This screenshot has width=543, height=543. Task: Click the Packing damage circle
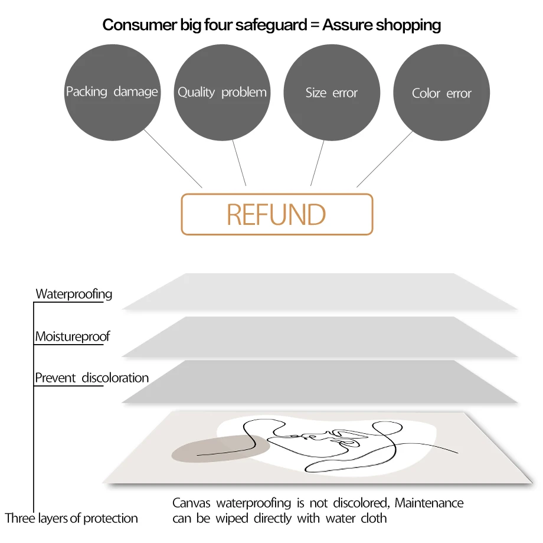coord(112,92)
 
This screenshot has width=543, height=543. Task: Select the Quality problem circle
coord(222,92)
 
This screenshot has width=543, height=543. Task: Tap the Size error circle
coord(332,92)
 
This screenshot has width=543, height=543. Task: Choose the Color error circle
coord(441,93)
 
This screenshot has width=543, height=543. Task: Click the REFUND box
coord(277,214)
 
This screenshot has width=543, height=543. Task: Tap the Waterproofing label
coord(74,294)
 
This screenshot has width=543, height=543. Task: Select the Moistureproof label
coord(72,337)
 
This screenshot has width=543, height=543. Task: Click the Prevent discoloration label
coord(91,378)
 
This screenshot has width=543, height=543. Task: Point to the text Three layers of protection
coord(71,518)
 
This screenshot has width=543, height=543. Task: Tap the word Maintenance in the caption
coord(429,503)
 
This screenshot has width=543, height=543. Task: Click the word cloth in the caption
coord(373,518)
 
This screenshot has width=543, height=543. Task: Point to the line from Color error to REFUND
coord(384,159)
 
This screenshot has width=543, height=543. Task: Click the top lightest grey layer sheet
coord(319,292)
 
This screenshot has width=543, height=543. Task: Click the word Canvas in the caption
coord(192,503)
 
